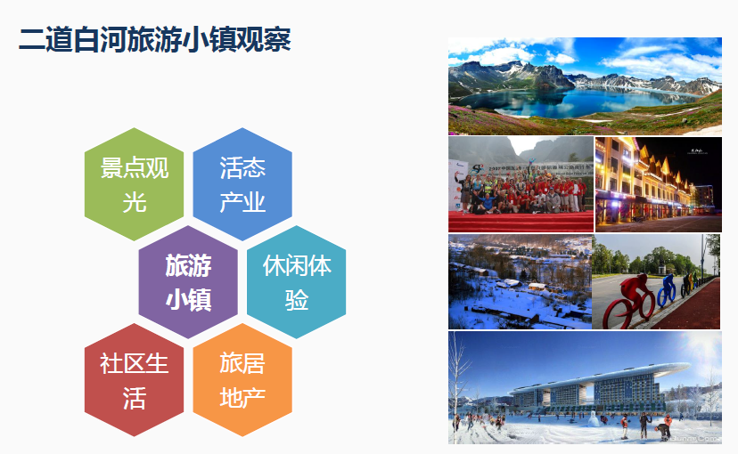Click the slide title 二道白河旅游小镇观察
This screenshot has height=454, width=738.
pyautogui.click(x=154, y=40)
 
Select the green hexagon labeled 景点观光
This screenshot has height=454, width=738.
pyautogui.click(x=134, y=184)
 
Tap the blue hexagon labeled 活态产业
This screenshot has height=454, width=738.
pyautogui.click(x=242, y=184)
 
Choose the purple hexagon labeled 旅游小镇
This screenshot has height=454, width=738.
pyautogui.click(x=188, y=282)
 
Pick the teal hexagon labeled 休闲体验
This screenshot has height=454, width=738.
pyautogui.click(x=297, y=282)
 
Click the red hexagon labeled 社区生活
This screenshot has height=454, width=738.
pyautogui.click(x=134, y=380)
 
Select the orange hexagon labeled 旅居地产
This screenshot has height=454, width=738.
pyautogui.click(x=242, y=380)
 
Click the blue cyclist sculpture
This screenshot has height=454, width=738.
pyautogui.click(x=666, y=290)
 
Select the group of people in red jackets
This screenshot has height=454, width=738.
pyautogui.click(x=517, y=191)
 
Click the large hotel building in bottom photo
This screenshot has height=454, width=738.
pyautogui.click(x=588, y=387)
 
